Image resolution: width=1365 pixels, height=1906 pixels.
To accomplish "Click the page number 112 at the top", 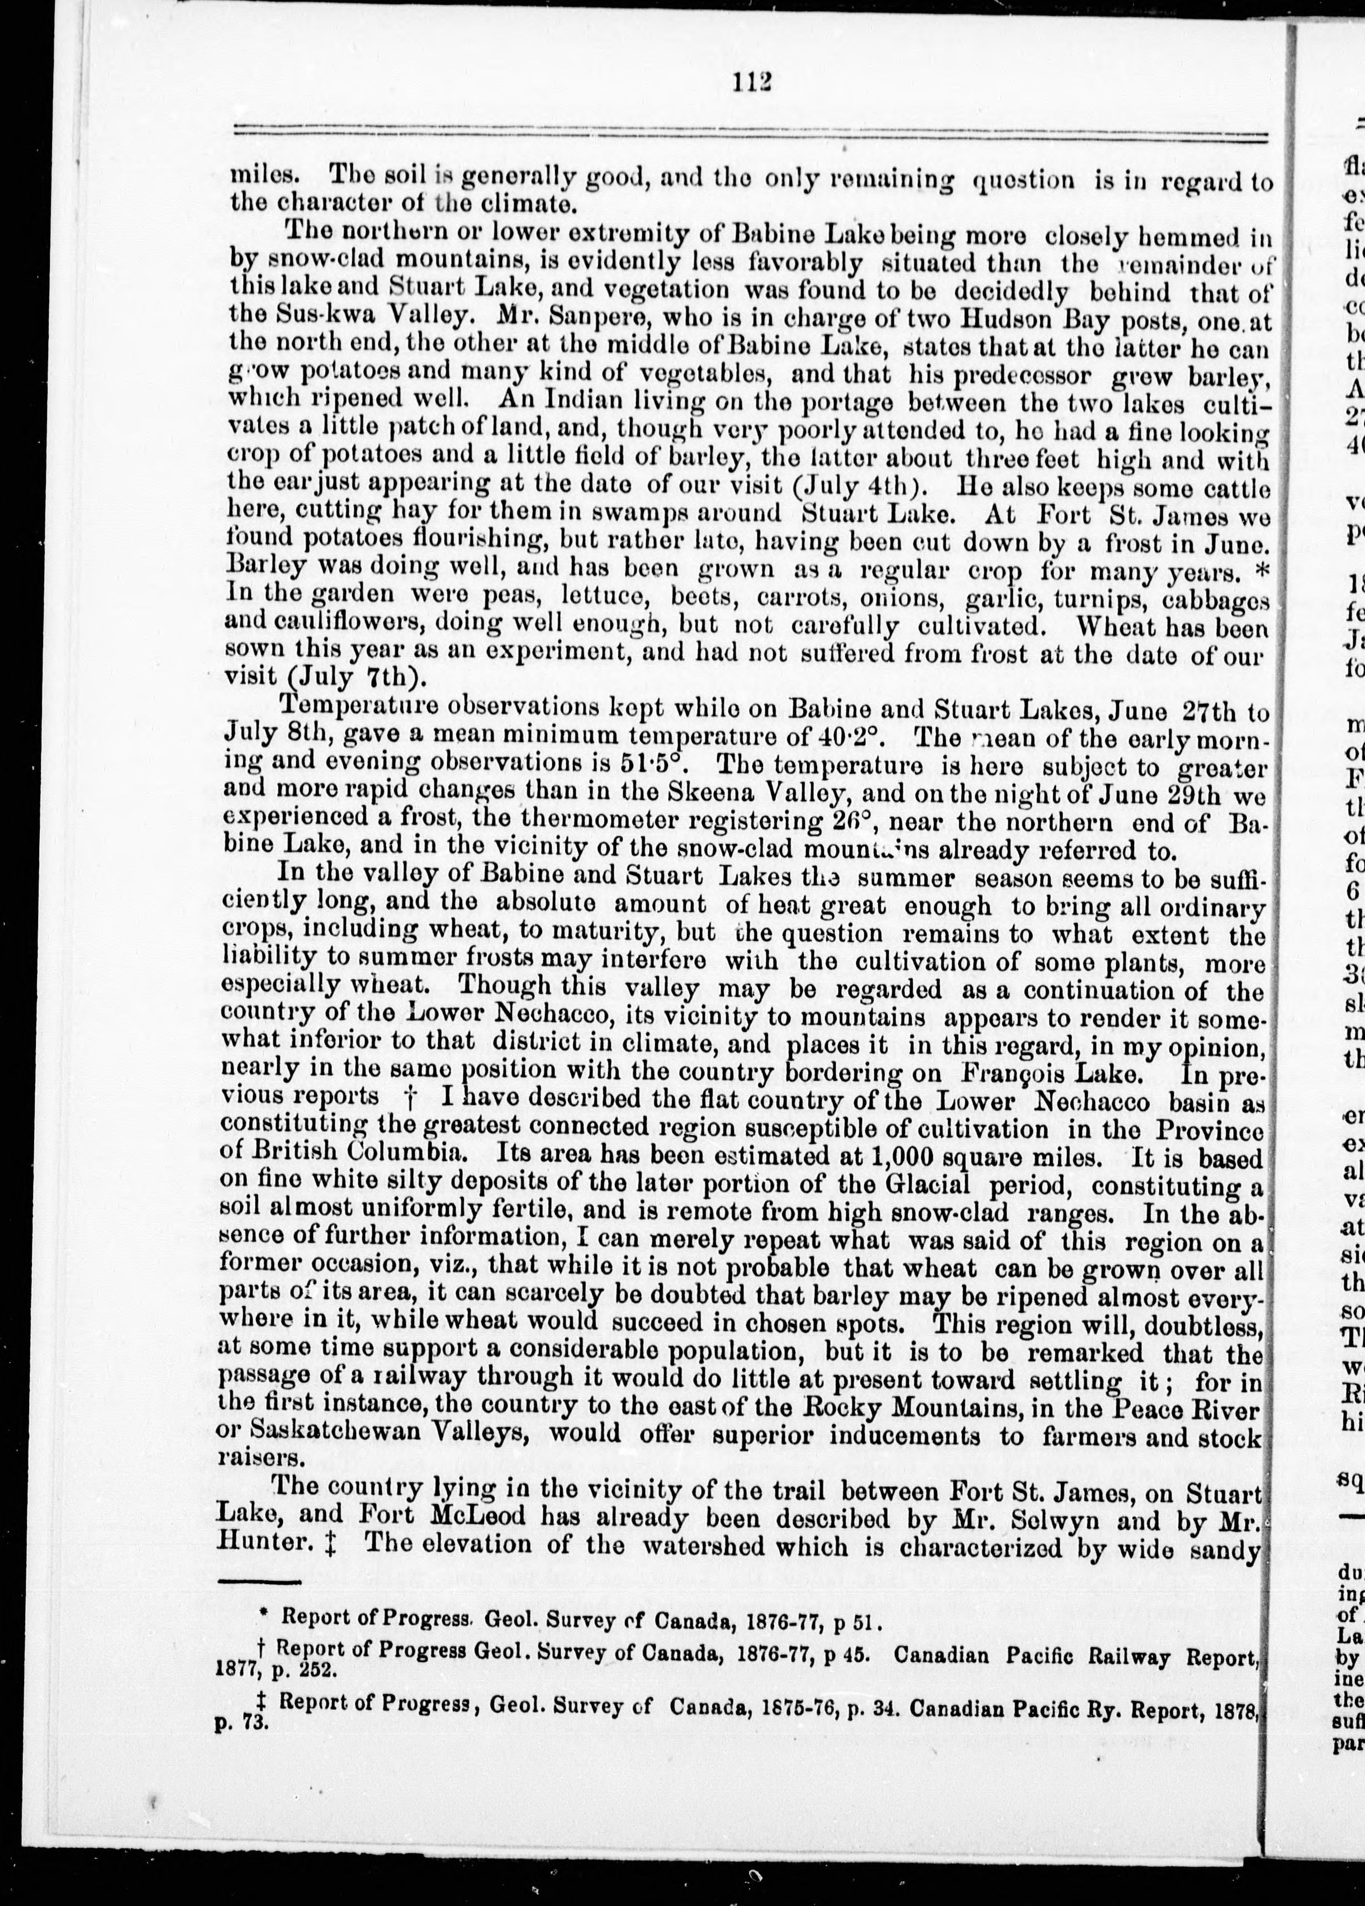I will (x=751, y=82).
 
